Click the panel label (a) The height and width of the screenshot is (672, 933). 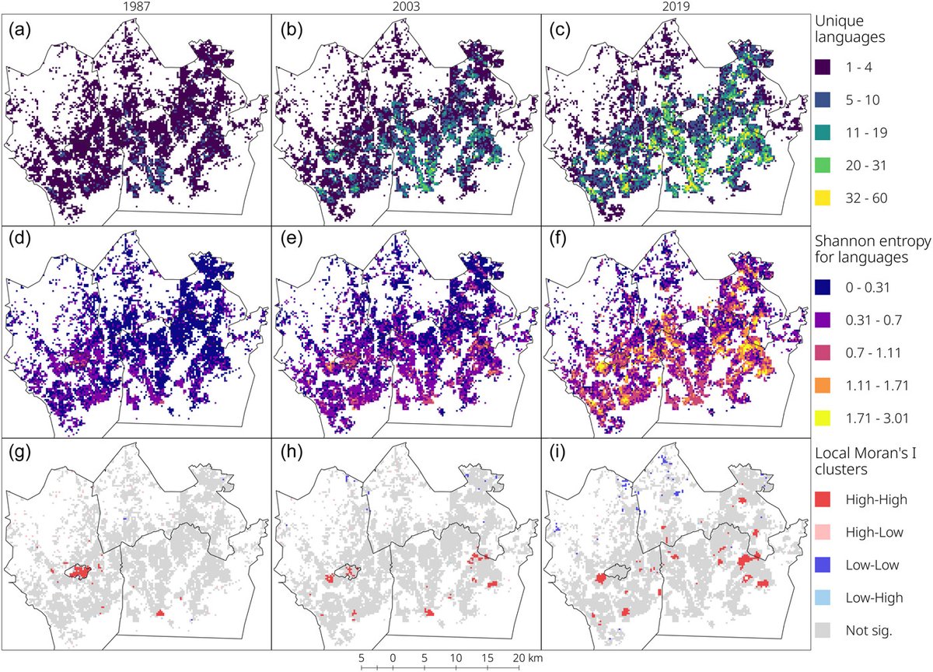tap(19, 32)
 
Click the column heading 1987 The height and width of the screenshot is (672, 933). tap(135, 7)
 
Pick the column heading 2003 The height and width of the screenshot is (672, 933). tap(404, 7)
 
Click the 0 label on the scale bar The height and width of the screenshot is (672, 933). tap(393, 657)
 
